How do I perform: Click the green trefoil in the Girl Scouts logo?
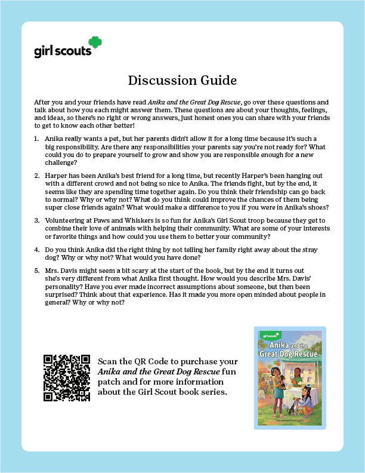click(x=95, y=43)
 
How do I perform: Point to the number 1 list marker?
click(x=37, y=137)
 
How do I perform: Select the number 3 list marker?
click(x=37, y=220)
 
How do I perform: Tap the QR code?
click(x=67, y=378)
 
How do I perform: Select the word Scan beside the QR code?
click(x=108, y=362)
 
